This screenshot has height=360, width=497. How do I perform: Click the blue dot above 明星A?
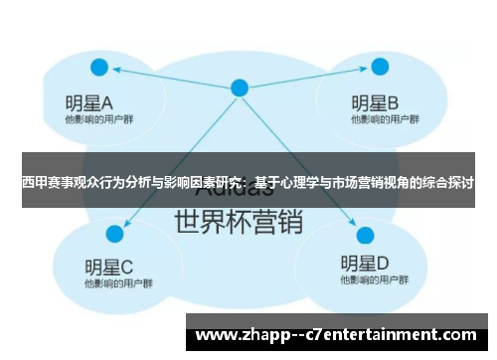pyautogui.click(x=98, y=67)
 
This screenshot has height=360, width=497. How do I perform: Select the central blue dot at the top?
pyautogui.click(x=240, y=88)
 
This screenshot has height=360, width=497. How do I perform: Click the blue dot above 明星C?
pyautogui.click(x=114, y=234)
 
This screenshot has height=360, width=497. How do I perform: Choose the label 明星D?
pyautogui.click(x=365, y=264)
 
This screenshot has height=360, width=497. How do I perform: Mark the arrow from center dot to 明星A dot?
pyautogui.click(x=169, y=77)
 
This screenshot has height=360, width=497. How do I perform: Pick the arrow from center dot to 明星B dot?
pyautogui.click(x=309, y=78)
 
